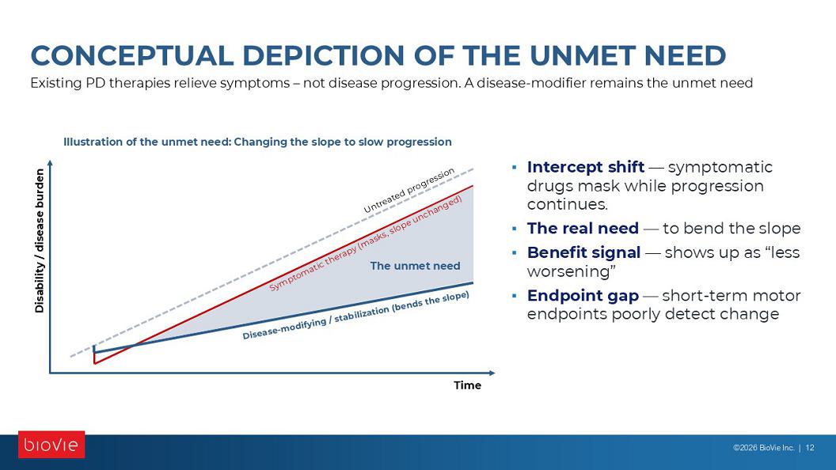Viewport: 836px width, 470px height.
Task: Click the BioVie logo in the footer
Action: (51, 445)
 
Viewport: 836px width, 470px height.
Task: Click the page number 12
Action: (810, 448)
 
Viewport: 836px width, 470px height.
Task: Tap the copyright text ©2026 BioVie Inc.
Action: (763, 448)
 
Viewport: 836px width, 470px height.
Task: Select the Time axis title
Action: (467, 385)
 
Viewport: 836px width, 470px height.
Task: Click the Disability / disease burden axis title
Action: (40, 241)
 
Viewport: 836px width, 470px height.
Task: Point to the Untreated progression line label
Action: (409, 190)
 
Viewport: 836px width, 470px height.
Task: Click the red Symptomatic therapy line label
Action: (365, 244)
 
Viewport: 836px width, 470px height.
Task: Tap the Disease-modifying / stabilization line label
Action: (355, 316)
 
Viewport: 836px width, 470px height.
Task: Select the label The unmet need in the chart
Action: (415, 266)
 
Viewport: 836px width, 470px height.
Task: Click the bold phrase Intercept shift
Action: (585, 167)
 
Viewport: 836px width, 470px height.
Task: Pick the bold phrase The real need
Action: (583, 228)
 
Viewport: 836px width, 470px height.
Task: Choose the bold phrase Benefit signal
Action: (583, 252)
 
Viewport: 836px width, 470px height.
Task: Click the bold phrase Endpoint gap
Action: (583, 295)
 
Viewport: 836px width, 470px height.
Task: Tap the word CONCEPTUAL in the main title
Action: (132, 55)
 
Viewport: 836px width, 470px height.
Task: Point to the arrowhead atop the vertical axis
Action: (50, 164)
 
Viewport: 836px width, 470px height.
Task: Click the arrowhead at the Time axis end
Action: (492, 373)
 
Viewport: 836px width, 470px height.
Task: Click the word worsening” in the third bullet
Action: (571, 271)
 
